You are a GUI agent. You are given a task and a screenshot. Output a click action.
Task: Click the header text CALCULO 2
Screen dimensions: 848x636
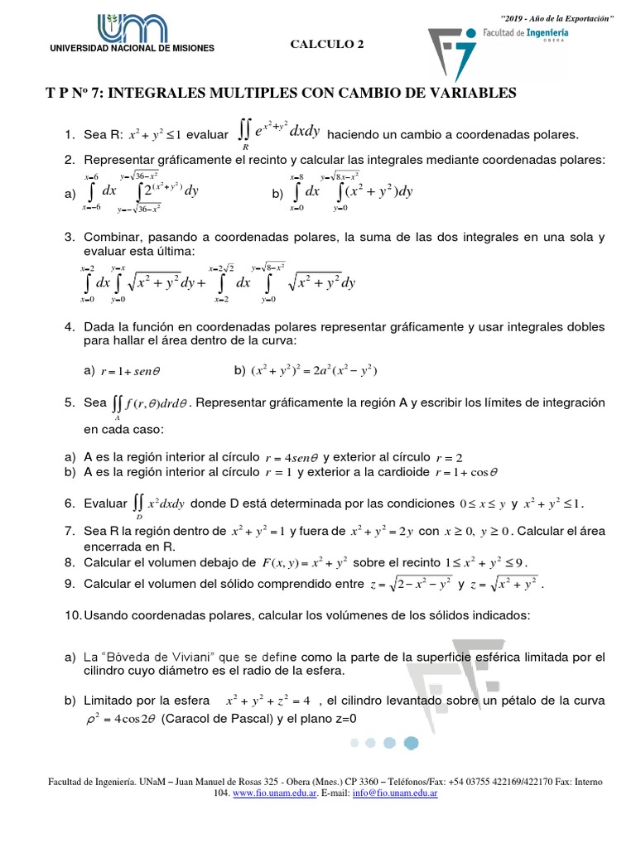point(326,46)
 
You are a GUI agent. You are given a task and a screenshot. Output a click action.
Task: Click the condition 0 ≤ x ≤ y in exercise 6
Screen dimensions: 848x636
point(481,503)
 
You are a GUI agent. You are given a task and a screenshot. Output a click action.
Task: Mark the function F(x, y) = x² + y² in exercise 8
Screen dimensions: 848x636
point(304,563)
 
